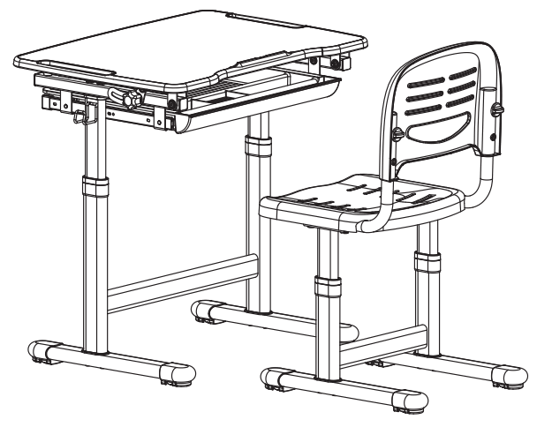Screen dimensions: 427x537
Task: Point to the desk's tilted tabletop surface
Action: (x=194, y=44)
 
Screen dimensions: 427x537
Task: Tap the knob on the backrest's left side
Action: (x=397, y=134)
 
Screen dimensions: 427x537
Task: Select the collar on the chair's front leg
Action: (x=327, y=287)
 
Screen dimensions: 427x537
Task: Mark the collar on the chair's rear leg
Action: (x=427, y=262)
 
